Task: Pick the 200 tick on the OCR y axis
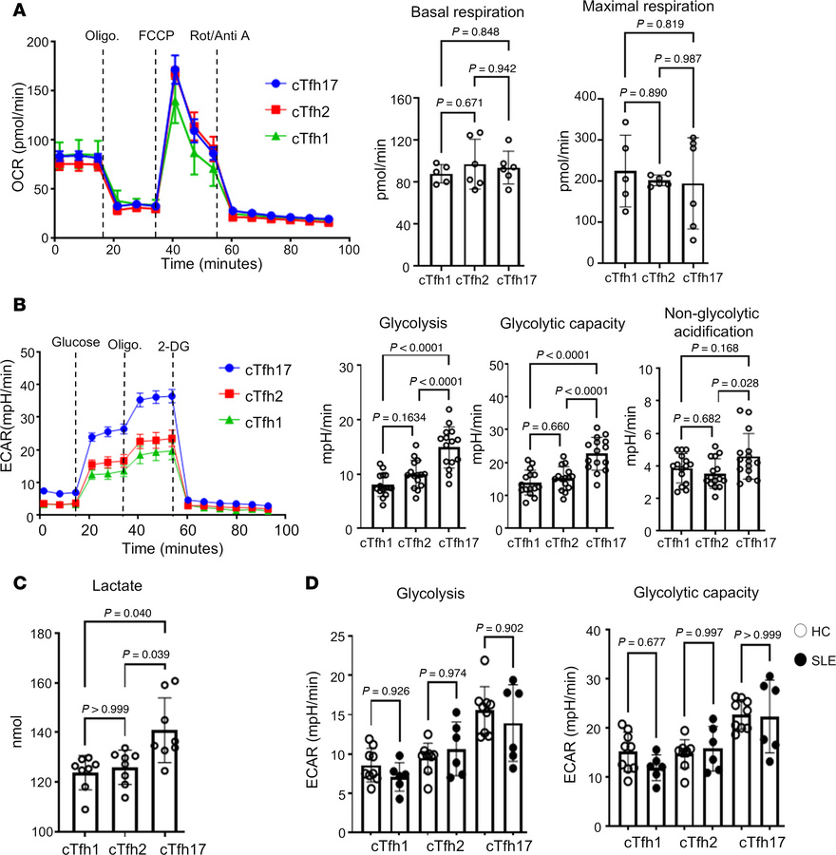35,44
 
